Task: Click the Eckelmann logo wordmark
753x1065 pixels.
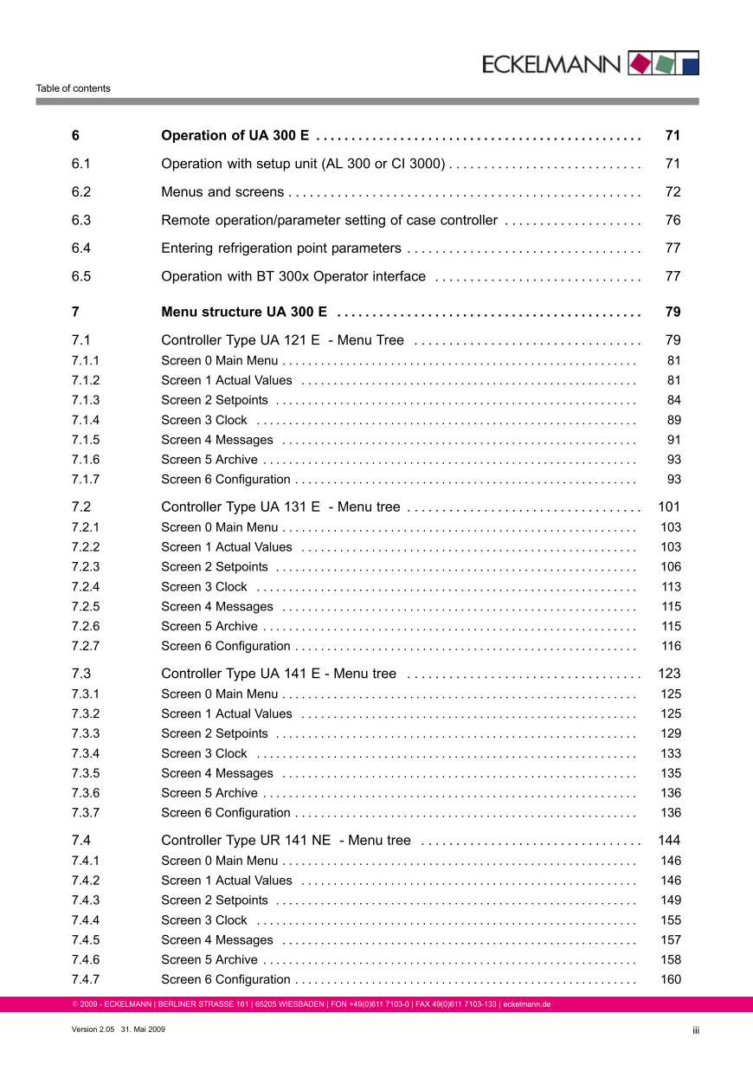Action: click(551, 64)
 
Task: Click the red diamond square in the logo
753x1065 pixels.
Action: click(640, 63)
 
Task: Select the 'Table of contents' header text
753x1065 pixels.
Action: click(73, 88)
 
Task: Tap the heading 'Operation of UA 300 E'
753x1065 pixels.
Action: click(235, 135)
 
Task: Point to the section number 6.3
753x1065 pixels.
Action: click(81, 220)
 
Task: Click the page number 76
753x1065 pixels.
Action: click(673, 220)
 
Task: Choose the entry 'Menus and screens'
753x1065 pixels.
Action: click(222, 191)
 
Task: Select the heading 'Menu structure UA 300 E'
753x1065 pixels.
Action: click(244, 312)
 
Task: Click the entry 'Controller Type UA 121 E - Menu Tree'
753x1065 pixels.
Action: click(282, 340)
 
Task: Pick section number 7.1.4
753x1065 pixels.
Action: click(86, 420)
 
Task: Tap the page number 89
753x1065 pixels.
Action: click(673, 420)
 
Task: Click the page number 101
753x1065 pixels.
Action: click(669, 507)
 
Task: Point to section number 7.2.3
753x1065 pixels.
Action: click(86, 566)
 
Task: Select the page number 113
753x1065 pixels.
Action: click(671, 586)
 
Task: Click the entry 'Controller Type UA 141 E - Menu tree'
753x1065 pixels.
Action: click(279, 673)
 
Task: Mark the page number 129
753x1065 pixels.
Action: click(671, 733)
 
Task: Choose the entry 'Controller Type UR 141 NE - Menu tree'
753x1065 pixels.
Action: click(286, 840)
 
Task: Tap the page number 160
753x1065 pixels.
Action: click(671, 979)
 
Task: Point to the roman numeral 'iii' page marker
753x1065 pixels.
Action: click(695, 1029)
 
